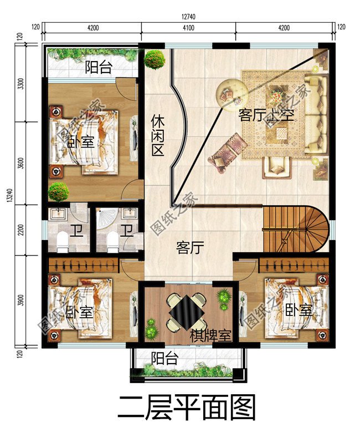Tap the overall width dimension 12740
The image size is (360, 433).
click(188, 17)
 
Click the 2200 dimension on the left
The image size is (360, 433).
click(20, 230)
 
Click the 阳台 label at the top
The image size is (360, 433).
click(99, 68)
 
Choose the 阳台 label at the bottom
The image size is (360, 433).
click(164, 358)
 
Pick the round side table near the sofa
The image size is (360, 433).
click(229, 91)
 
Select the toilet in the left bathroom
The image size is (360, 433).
click(62, 240)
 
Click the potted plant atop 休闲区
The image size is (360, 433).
click(155, 59)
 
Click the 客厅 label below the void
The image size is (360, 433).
click(188, 247)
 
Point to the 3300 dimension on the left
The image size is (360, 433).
click(20, 84)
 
